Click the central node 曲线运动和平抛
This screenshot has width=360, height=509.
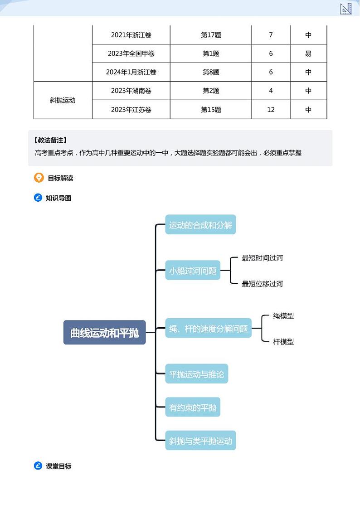point(104,333)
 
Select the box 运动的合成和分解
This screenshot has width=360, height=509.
point(200,225)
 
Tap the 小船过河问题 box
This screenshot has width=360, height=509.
point(193,271)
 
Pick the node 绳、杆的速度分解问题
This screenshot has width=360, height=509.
point(208,329)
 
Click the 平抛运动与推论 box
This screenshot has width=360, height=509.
point(196,374)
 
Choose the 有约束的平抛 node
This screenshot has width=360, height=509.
point(193,407)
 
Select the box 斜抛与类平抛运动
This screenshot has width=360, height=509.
point(200,441)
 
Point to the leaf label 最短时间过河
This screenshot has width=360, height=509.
point(262,258)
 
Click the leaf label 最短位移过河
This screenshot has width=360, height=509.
point(262,284)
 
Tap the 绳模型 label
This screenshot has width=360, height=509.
point(283,316)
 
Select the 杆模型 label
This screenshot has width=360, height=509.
point(283,342)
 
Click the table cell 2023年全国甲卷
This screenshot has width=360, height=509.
point(131,53)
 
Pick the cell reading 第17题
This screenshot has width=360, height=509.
point(211,35)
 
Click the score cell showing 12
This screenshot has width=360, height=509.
point(271,110)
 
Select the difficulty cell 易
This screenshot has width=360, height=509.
point(308,53)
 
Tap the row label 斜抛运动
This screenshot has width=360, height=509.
point(63,100)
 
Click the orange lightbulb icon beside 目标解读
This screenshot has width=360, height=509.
point(39,178)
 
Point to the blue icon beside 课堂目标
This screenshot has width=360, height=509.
point(38,465)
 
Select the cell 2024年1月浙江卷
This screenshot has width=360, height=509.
point(131,72)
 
